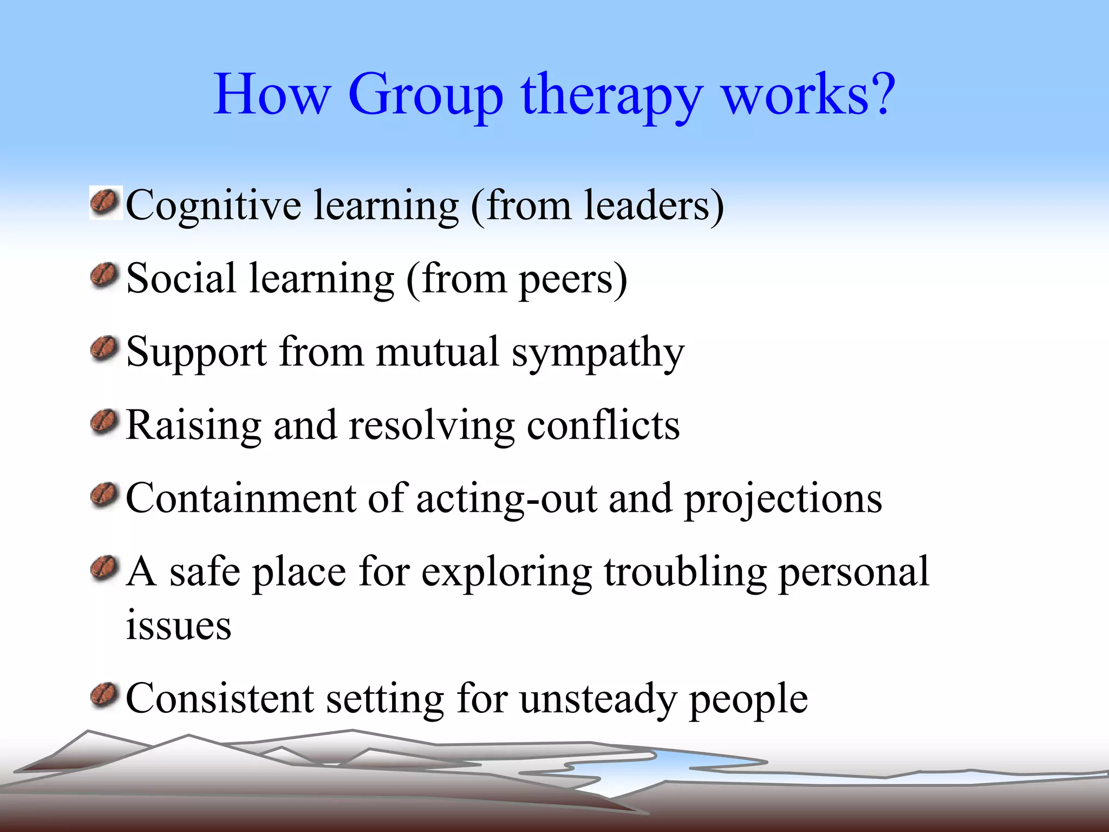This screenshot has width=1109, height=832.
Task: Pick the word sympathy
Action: point(598,353)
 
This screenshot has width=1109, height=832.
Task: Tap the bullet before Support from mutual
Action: point(105,349)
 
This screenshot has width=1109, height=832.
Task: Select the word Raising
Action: point(193,426)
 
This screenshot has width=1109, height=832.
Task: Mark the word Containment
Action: point(241,498)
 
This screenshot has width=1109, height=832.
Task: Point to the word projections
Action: point(783,500)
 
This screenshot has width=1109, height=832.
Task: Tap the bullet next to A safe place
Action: point(105,568)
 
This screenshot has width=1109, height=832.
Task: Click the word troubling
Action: point(685,573)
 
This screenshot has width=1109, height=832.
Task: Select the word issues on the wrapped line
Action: point(179,625)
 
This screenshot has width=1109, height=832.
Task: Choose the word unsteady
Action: point(598,699)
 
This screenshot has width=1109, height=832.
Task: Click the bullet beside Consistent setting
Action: point(105,695)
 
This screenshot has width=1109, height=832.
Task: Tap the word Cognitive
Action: point(213,206)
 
